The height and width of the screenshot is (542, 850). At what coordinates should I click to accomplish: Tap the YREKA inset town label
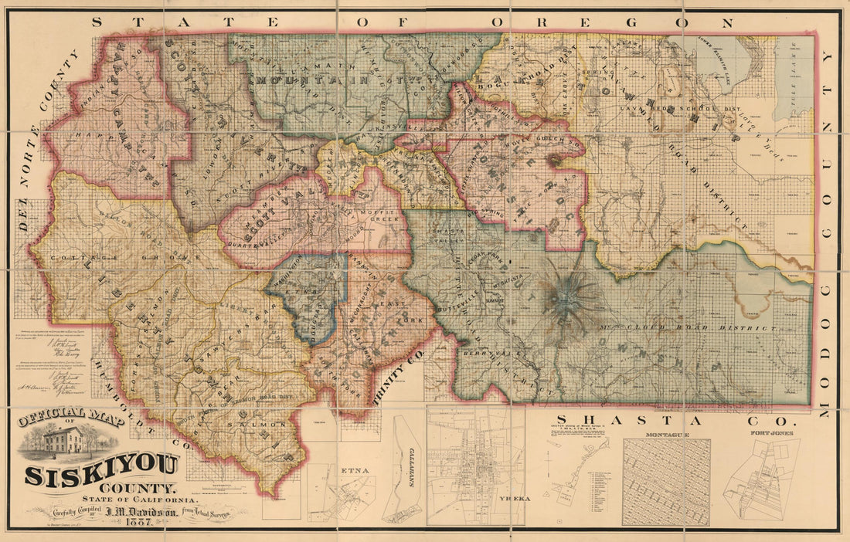coord(515,499)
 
